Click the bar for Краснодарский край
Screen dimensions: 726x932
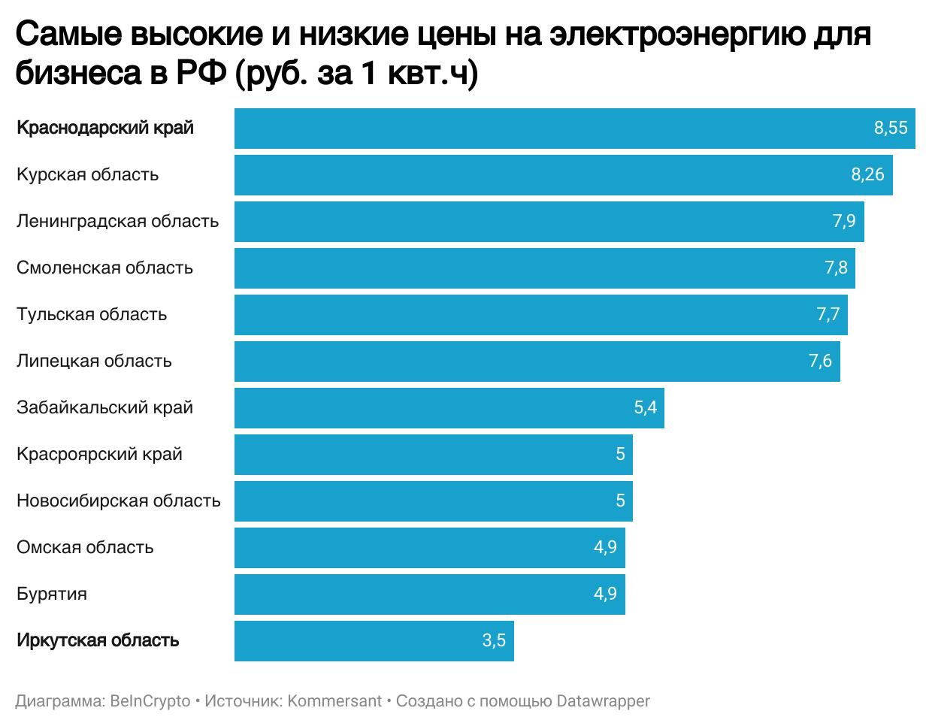[x=574, y=128]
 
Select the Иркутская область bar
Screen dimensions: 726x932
[x=374, y=641]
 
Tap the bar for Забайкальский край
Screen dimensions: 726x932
[x=449, y=408]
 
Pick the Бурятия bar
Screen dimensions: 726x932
[x=429, y=594]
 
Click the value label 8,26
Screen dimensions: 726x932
[x=867, y=175]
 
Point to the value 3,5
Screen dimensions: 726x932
[x=494, y=641]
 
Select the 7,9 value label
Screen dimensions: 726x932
[x=844, y=222]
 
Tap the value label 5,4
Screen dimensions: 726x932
[x=646, y=408]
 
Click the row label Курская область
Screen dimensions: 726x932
[x=88, y=175]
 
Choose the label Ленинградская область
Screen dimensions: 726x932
[x=118, y=222]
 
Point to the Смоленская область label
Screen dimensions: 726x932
[x=104, y=268]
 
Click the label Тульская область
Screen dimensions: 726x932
[x=92, y=315]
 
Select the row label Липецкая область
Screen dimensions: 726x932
[x=94, y=361]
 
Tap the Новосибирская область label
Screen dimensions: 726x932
[x=119, y=501]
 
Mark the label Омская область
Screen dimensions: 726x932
[x=85, y=548]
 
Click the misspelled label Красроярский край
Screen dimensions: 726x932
[x=99, y=455]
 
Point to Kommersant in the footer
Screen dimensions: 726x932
[x=334, y=701]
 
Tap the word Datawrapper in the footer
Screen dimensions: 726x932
[x=603, y=701]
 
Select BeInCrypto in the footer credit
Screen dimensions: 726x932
[x=150, y=701]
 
